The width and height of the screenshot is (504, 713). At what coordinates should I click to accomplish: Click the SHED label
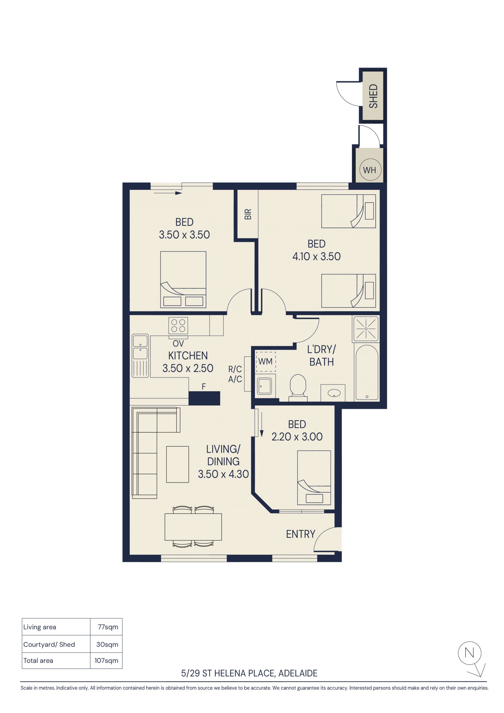373,96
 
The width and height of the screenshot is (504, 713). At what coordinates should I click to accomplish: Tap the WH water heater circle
370,170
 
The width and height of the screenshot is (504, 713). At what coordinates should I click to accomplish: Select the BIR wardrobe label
248,214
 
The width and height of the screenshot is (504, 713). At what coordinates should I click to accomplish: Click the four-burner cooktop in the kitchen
178,325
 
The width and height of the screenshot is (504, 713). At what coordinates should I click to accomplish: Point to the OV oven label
178,343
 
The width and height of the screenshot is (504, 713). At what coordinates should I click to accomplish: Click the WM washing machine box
265,361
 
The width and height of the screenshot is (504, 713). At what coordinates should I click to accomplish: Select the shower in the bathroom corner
366,329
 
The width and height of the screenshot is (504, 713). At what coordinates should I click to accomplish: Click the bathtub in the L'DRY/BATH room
367,372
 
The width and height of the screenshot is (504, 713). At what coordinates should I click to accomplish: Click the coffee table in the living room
177,464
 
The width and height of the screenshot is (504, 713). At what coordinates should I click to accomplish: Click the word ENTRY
300,534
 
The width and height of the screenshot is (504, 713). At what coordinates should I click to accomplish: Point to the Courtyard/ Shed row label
49,644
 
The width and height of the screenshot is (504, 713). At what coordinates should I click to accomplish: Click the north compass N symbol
470,653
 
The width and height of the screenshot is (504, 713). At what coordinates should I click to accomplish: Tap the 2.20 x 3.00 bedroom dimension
297,437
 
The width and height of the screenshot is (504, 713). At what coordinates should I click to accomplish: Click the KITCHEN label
188,355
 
